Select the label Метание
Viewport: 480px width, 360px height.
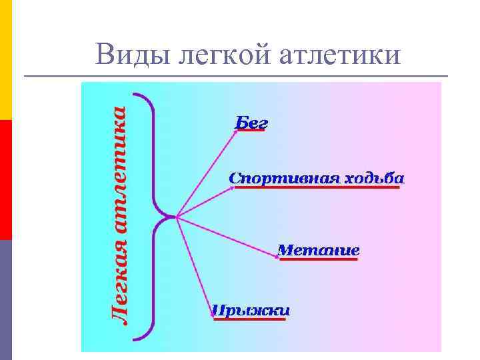pos(318,251)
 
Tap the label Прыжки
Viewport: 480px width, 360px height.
pos(250,311)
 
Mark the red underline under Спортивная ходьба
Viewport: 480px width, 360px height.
pos(317,188)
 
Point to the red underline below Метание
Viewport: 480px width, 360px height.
pos(318,260)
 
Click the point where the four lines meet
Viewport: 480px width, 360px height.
pos(177,217)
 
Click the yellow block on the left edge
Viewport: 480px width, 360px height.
pos(5,60)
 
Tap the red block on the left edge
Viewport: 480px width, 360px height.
pos(5,180)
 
